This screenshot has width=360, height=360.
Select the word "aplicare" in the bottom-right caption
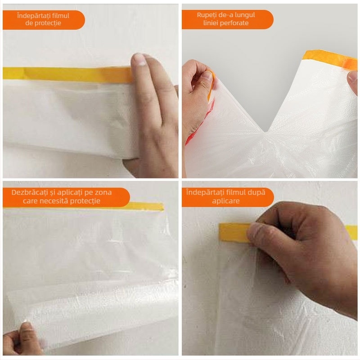click(226, 201)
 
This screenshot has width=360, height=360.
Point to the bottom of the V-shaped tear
click(265, 131)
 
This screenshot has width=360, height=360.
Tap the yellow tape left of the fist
click(234, 232)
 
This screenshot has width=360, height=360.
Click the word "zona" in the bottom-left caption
click(103, 193)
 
